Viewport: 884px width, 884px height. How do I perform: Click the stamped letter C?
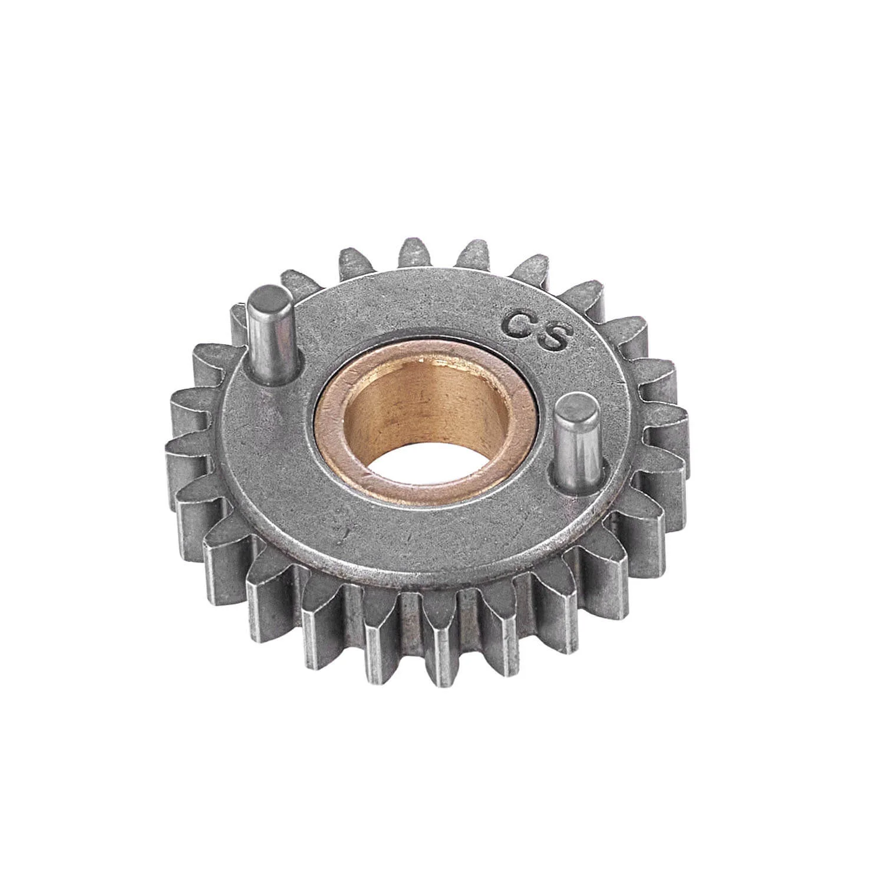tap(519, 326)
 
